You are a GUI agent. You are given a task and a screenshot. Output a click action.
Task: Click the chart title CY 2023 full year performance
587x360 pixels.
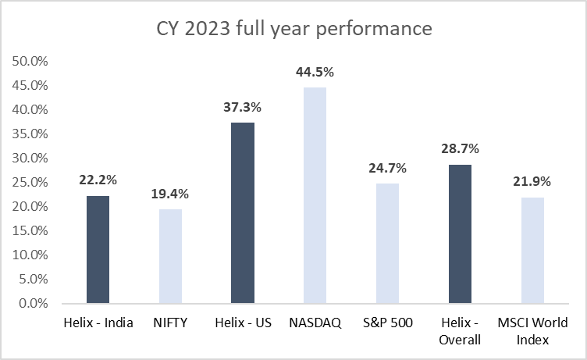coord(293,30)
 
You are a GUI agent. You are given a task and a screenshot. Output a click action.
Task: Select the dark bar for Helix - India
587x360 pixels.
coord(98,249)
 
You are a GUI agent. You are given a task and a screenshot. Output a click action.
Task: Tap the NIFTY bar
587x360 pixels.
coord(170,256)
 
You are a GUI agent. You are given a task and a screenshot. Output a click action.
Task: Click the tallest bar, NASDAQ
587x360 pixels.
coord(315,195)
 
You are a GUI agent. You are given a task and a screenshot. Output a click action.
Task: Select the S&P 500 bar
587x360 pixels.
coord(387,243)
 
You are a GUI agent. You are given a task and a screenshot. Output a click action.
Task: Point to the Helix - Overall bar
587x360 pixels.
coord(460,233)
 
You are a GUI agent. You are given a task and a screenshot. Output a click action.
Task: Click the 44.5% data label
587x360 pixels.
coord(315,73)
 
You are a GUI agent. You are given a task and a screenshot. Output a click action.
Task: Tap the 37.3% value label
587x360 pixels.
coord(243,108)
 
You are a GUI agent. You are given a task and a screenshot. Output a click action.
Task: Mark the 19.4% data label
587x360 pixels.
coord(170,194)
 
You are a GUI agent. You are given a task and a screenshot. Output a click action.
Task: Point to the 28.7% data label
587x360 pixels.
coord(460,149)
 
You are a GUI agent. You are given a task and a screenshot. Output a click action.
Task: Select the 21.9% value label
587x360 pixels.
coord(532,182)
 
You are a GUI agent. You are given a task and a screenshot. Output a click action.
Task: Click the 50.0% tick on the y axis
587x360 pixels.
coord(27,61)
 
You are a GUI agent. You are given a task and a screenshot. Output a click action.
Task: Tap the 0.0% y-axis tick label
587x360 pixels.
coord(30,303)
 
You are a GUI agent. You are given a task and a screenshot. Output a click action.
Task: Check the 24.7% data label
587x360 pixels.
coord(387,168)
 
